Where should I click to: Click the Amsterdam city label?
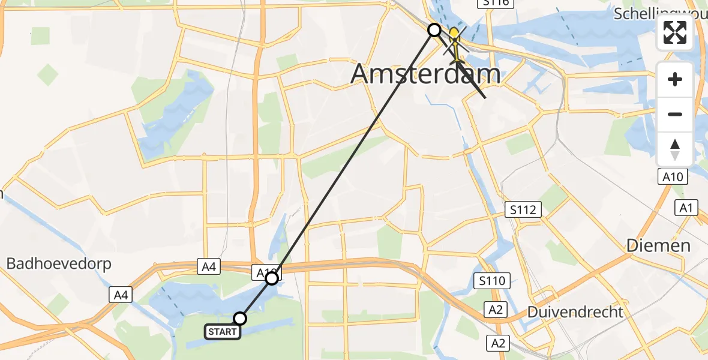[x=425, y=74]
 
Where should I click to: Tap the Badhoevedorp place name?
[x=59, y=264]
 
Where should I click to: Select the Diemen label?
[x=658, y=245]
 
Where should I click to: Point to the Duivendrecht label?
[x=575, y=312]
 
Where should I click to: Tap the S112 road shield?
[x=523, y=210]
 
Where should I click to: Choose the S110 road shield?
[x=491, y=280]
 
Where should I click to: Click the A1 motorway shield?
[x=687, y=208]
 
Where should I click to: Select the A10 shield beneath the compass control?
[x=674, y=176]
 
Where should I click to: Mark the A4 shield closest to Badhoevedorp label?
[x=121, y=295]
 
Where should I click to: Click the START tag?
[x=223, y=332]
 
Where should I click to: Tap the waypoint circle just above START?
[x=240, y=319]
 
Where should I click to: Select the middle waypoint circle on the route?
[x=272, y=278]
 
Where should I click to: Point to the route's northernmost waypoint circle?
[x=434, y=29]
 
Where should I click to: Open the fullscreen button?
[x=675, y=32]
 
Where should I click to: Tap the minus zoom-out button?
[x=675, y=114]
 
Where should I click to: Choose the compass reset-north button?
[x=675, y=149]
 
